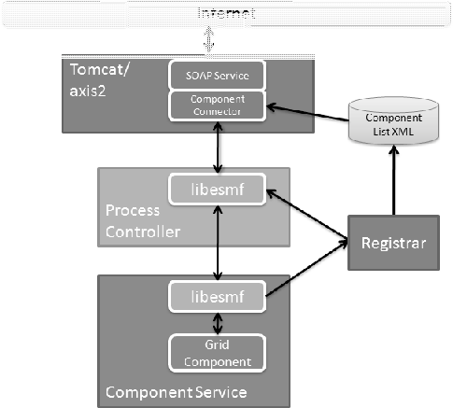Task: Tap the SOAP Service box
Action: (x=218, y=74)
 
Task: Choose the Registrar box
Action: (x=393, y=242)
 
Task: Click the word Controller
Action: (x=140, y=231)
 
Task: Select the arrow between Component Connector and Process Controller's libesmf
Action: (x=218, y=146)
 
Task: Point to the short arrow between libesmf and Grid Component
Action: (x=218, y=322)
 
